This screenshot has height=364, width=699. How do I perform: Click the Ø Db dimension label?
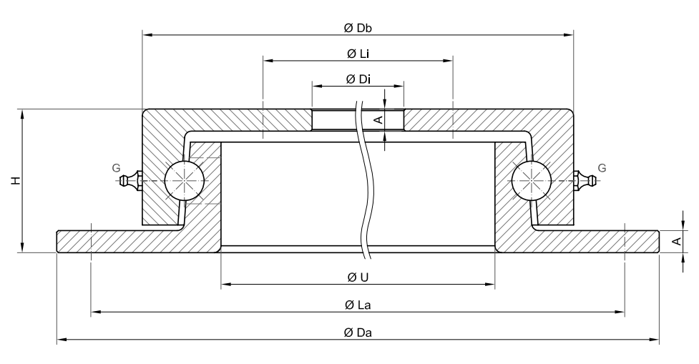[358, 28]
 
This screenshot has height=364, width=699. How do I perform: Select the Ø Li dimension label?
[358, 54]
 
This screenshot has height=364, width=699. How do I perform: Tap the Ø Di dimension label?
[358, 79]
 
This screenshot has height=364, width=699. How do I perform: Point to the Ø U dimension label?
[358, 277]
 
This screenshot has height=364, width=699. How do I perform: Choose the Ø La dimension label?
[358, 305]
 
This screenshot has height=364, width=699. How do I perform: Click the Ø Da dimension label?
[358, 333]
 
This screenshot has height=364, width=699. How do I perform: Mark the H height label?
[16, 180]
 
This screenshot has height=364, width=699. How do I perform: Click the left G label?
[116, 168]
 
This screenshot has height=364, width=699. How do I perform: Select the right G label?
[602, 168]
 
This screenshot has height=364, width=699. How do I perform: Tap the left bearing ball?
[185, 180]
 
